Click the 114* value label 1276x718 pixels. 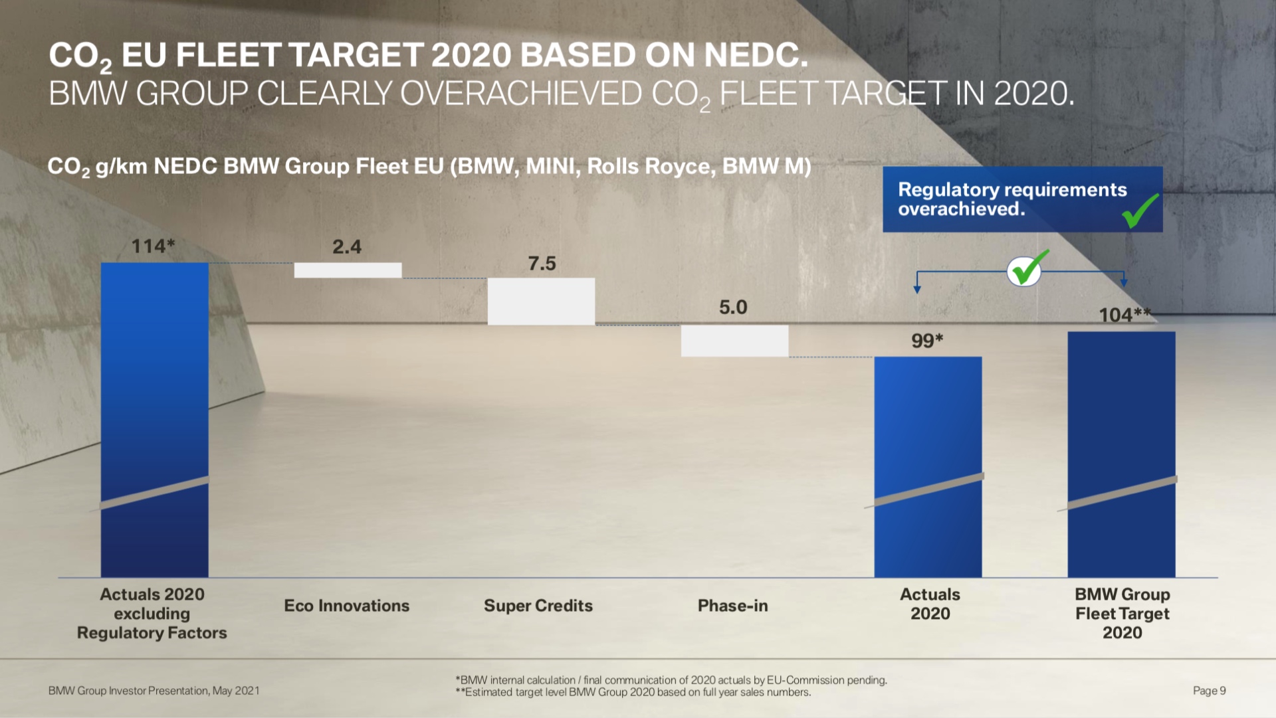[x=153, y=246]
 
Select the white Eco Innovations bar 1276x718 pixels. [x=348, y=270]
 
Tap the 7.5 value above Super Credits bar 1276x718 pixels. [x=542, y=264]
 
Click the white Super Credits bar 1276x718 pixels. [x=541, y=302]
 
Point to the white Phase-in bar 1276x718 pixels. [x=734, y=341]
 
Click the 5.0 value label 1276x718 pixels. [x=733, y=307]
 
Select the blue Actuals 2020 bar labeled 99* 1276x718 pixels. [x=928, y=465]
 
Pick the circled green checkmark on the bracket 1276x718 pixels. [x=1025, y=269]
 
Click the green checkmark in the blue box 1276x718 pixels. [x=1140, y=211]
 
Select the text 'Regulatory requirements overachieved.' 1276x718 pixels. [x=1012, y=199]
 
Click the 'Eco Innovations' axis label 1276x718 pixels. [x=347, y=606]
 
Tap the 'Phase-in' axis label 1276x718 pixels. [x=732, y=606]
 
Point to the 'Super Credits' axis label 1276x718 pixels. [x=538, y=606]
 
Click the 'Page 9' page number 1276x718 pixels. [x=1209, y=691]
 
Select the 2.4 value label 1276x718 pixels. [x=347, y=247]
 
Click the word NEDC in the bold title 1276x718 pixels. [x=755, y=55]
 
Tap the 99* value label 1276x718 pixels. [x=927, y=341]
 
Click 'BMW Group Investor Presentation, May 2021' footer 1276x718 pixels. [x=154, y=691]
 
